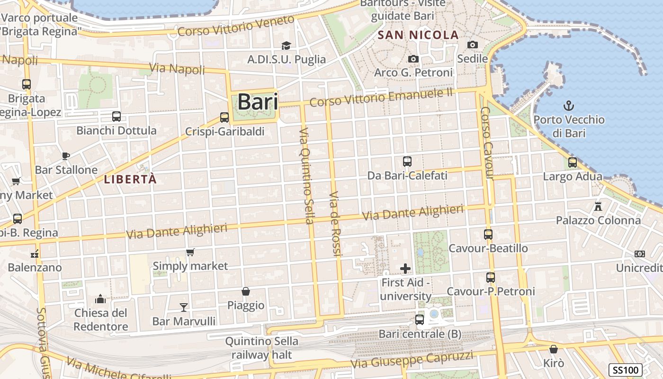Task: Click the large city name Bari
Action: click(257, 102)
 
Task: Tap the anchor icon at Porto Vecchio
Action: click(569, 105)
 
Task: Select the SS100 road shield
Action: click(625, 370)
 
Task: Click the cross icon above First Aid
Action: click(405, 269)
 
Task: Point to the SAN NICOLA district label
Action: click(418, 35)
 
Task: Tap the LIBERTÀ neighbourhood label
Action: click(130, 179)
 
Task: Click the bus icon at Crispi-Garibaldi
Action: click(224, 117)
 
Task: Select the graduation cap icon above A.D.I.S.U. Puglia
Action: click(286, 45)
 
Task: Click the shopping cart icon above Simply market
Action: click(190, 252)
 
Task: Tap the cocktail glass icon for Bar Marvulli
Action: click(184, 307)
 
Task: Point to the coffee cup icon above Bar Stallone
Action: click(66, 155)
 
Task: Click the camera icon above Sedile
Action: click(472, 45)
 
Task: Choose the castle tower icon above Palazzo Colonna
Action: click(598, 206)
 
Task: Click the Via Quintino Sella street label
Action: click(307, 175)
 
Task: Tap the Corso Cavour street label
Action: click(487, 143)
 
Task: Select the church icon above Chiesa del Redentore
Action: click(100, 299)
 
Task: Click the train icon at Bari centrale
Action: click(420, 320)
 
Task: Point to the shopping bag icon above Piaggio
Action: click(245, 291)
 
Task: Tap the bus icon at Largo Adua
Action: click(573, 162)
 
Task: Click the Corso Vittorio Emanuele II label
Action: click(381, 97)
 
